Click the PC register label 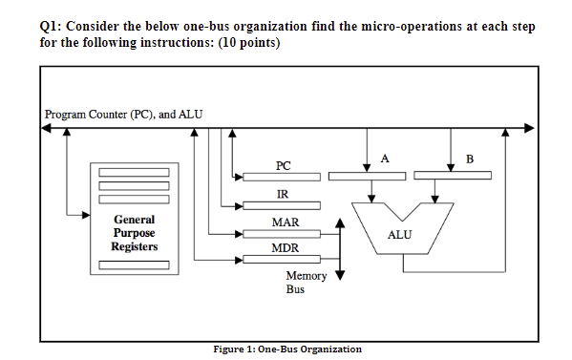point(283,165)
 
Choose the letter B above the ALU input point(468,157)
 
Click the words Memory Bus point(306,282)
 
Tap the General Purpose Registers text point(134,233)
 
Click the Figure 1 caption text point(286,349)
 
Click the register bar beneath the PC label point(281,177)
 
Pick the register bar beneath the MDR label point(281,260)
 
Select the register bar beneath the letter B point(454,175)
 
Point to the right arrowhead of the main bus point(528,128)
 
